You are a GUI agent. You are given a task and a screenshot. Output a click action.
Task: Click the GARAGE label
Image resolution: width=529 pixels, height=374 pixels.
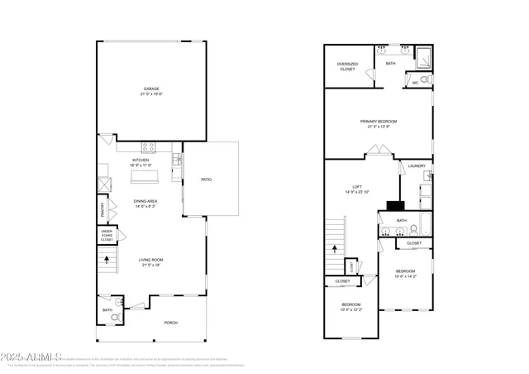(150, 89)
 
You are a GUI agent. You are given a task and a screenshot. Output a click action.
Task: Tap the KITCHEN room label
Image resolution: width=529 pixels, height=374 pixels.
(141, 161)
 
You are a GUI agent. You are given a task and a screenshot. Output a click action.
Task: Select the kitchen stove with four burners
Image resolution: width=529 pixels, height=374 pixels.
(149, 147)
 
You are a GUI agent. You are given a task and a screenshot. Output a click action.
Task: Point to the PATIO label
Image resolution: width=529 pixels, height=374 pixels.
(207, 179)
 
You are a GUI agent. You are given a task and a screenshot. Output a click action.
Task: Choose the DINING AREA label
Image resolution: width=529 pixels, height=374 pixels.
(146, 201)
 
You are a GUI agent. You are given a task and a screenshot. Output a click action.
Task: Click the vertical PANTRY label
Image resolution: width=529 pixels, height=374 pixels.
(102, 209)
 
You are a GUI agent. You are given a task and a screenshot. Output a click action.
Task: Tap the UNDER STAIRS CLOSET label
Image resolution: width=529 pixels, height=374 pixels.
(107, 236)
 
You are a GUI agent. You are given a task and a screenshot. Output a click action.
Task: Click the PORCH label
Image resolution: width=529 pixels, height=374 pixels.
(171, 323)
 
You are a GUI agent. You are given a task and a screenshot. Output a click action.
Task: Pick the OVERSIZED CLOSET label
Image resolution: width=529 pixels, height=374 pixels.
(347, 67)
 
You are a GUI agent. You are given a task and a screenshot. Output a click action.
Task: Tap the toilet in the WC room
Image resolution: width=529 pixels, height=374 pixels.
(424, 80)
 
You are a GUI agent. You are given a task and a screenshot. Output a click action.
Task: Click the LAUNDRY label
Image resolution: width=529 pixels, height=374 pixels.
(417, 166)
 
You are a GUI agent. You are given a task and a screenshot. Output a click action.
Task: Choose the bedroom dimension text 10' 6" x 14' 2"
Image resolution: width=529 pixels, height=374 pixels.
(405, 276)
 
